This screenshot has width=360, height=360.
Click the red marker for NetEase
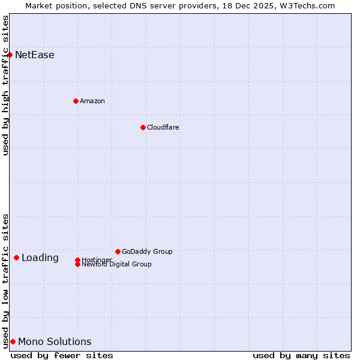pos(10,55)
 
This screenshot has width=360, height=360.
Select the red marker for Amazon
pos(76,101)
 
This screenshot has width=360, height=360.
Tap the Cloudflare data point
pos(143,127)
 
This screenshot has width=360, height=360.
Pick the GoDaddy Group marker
pos(118,251)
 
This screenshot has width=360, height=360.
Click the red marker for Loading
pos(16,257)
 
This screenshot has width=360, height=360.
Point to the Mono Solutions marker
pos(13,341)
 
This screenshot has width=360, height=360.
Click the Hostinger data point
pos(77,260)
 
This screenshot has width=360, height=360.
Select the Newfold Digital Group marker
pos(77,264)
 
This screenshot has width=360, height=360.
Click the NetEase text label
pos(35,55)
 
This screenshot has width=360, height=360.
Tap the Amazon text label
pos(92,101)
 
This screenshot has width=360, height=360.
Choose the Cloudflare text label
pos(163,127)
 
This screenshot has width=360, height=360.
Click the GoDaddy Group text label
pos(147,251)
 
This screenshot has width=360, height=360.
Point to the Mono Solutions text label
pos(55,342)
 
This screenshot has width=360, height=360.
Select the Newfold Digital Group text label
pos(116,265)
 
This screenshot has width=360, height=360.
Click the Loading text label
pos(40,258)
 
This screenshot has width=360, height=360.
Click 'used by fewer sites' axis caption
pos(62,355)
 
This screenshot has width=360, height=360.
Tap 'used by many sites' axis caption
pos(301,355)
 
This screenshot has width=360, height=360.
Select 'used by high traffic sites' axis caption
pos(6,85)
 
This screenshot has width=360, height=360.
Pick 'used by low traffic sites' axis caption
pos(6,280)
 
